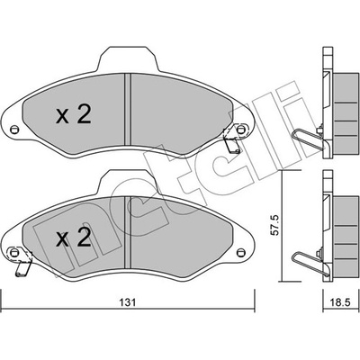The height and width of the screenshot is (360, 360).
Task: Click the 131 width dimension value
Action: [128, 302]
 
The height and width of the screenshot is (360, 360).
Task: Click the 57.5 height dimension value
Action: [275, 225]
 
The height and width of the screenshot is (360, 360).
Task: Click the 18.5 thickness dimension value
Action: [341, 302]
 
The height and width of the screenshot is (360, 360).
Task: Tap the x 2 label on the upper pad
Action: [74, 115]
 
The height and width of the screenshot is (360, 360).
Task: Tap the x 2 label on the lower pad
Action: [74, 238]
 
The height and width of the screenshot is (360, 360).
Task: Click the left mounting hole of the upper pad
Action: [13, 130]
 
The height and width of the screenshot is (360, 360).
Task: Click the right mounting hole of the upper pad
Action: [240, 130]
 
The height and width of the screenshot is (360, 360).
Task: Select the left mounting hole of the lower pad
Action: [13, 252]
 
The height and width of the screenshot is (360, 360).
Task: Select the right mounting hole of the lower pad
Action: [240, 252]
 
